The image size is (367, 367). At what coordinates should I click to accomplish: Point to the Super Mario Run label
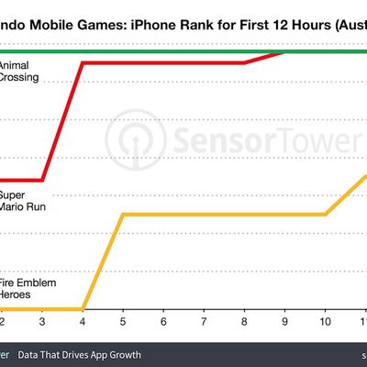20,201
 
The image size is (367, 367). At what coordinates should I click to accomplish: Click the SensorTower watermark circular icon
129,141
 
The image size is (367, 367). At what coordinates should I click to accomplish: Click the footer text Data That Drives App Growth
88,354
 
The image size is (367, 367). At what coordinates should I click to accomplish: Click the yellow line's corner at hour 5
123,215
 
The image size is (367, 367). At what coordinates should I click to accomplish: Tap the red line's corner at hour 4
83,63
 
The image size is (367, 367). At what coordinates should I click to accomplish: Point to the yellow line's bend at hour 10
325,215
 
